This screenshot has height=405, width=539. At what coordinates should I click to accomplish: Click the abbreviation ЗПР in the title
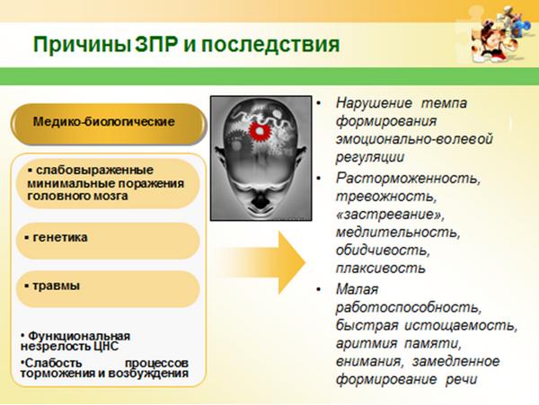pyautogui.click(x=156, y=44)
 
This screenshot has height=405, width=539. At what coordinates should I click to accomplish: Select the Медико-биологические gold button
pyautogui.click(x=109, y=123)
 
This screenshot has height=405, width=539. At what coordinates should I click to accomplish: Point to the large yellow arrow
pyautogui.click(x=261, y=263)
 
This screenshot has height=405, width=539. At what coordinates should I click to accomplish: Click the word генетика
pyautogui.click(x=60, y=237)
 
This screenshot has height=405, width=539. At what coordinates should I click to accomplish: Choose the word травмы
pyautogui.click(x=56, y=286)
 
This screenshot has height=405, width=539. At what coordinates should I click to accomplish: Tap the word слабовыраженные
pyautogui.click(x=94, y=170)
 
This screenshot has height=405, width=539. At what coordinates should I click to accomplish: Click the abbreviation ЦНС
pyautogui.click(x=106, y=346)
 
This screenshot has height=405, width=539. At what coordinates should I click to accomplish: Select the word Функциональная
pyautogui.click(x=79, y=336)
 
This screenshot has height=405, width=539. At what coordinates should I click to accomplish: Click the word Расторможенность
pyautogui.click(x=408, y=179)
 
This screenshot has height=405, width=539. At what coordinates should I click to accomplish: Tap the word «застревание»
pyautogui.click(x=390, y=215)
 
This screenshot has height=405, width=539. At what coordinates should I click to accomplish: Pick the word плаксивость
pyautogui.click(x=381, y=268)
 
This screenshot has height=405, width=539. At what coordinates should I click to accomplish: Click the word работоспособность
pyautogui.click(x=409, y=307)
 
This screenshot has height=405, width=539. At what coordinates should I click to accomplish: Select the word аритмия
pyautogui.click(x=367, y=343)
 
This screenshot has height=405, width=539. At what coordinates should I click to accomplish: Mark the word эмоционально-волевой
pyautogui.click(x=414, y=139)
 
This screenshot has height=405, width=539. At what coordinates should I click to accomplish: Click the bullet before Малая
pyautogui.click(x=319, y=289)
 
